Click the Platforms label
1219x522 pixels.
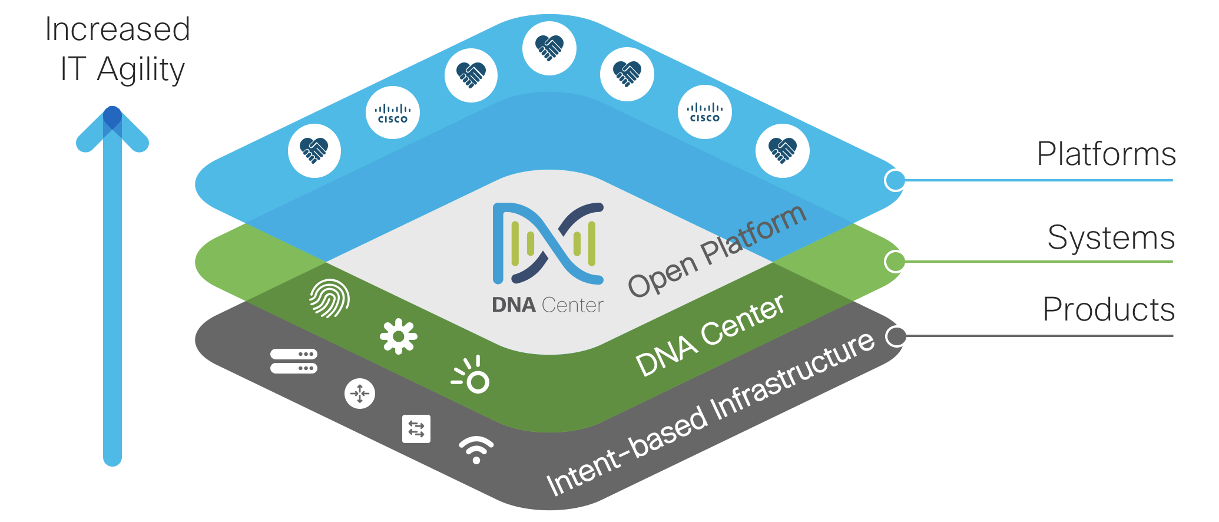pos(1106,154)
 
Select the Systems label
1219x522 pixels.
pos(1111,238)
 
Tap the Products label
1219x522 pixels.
pos(1108,310)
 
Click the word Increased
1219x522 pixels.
pos(118,29)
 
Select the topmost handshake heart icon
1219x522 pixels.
pos(549,48)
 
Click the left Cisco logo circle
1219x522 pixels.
pos(393,113)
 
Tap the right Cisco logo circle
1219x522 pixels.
pos(705,112)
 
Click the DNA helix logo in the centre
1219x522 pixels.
pos(548,243)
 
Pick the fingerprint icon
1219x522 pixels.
pos(329,298)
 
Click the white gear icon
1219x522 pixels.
pos(399,336)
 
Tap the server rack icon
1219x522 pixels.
pos(294,361)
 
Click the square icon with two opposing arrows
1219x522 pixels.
pos(416,428)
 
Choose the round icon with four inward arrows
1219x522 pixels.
pos(360,394)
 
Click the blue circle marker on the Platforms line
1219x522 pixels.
pos(895,180)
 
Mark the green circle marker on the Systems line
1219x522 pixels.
pos(895,262)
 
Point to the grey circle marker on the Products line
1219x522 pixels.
pos(896,336)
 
